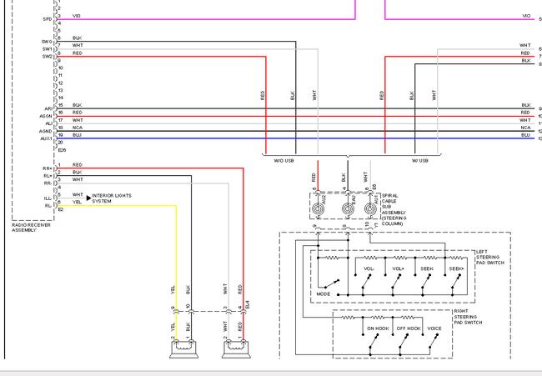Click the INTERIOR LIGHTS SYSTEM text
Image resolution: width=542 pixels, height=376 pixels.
tap(111, 198)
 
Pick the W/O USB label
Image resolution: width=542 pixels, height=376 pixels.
tap(279, 160)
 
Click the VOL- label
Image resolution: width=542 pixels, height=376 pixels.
tap(368, 268)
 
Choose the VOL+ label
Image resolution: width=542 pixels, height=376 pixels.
tap(396, 268)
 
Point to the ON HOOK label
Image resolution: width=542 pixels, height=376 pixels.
tap(378, 328)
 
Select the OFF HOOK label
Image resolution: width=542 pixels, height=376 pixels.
tap(408, 328)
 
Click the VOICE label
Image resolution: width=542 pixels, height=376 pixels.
tap(434, 328)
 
